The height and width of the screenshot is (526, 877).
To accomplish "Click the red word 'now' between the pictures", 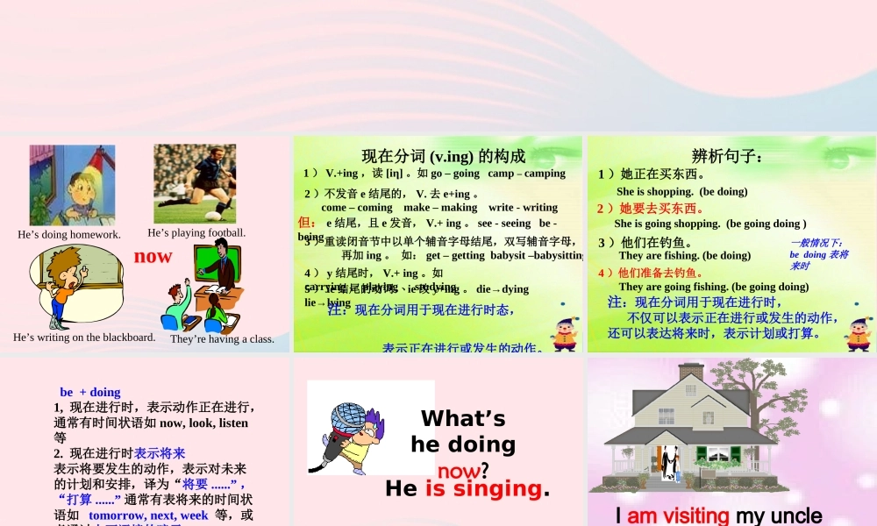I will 153,256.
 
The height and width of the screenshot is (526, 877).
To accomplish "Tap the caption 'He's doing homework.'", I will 69,235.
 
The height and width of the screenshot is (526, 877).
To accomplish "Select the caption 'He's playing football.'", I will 196,233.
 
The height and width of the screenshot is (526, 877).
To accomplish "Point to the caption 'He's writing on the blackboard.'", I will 84,338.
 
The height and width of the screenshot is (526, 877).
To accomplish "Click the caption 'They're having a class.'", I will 222,339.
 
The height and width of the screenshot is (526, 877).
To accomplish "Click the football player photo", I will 195,183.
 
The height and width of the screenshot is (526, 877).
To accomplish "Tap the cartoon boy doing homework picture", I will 72,186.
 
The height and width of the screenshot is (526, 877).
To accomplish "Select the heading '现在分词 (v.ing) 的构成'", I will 444,156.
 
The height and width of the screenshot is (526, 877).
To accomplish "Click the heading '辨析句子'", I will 727,157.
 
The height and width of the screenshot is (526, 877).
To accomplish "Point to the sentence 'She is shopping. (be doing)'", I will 681,191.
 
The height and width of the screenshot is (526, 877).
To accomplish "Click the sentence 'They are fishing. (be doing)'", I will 684,256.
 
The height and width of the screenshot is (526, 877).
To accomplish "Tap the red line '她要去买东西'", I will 651,208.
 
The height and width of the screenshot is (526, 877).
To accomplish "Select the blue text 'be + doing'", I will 90,392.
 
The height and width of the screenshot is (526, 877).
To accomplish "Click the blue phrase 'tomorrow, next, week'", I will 148,515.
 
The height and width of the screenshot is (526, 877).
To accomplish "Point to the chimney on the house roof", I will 691,372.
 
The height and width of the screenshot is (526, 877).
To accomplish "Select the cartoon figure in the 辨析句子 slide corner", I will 858,332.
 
